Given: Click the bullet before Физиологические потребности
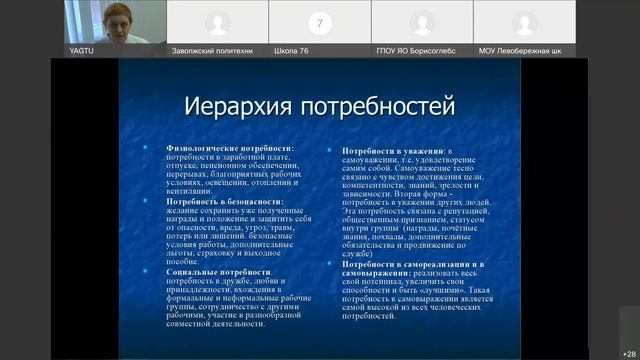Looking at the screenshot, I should tap(157, 148).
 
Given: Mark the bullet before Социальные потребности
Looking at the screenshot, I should tap(157, 271).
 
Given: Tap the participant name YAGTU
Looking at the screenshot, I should tap(82, 49).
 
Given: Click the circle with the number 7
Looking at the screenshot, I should tap(320, 22).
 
